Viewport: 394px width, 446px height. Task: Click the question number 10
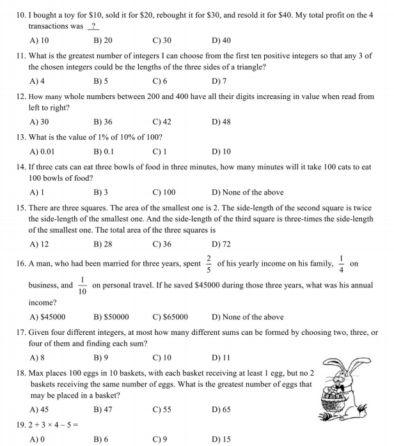(x=21, y=14)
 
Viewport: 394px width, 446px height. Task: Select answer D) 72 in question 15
(x=221, y=244)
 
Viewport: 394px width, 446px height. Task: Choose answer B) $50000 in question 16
(x=111, y=317)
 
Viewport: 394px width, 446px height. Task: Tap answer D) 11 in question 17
(x=220, y=358)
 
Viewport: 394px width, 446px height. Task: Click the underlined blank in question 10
(x=94, y=26)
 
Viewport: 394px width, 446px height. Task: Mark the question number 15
(x=21, y=208)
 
